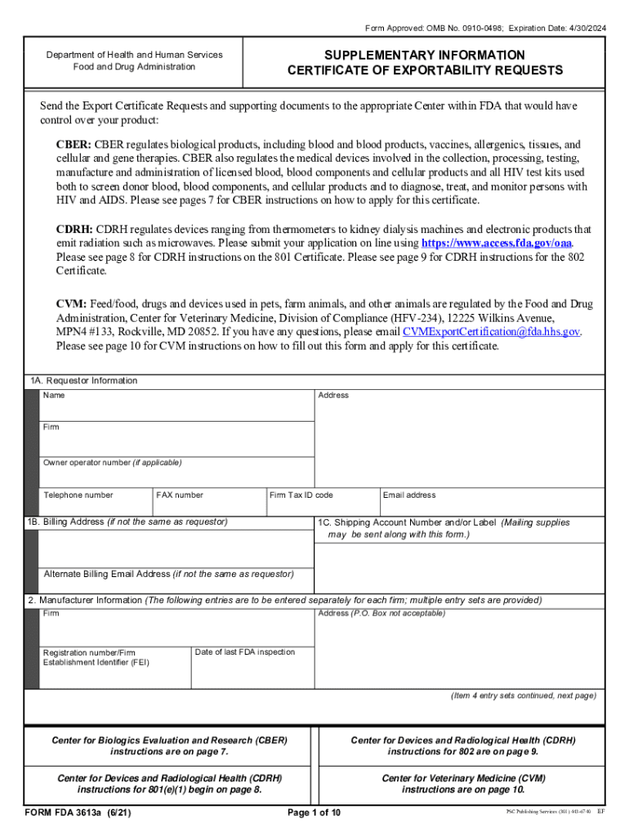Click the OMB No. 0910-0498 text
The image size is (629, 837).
point(454,29)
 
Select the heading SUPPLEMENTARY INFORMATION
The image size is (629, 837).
point(424,55)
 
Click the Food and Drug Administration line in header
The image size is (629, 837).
point(134,67)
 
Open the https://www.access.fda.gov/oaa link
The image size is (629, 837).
point(496,244)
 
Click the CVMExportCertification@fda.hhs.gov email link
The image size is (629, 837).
point(491,332)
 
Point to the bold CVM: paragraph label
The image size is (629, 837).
point(71,304)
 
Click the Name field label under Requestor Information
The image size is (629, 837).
point(54,396)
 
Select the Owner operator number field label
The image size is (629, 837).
point(112,463)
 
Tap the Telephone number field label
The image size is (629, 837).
point(78,495)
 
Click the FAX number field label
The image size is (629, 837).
point(180,495)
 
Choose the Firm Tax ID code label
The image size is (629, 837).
point(301,495)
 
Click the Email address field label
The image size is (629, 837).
point(409,495)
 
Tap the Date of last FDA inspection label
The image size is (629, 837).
point(245,652)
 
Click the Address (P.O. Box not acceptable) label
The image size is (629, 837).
point(381,613)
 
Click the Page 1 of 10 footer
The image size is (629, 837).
point(314,812)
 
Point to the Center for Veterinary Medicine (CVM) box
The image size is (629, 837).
point(463,784)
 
